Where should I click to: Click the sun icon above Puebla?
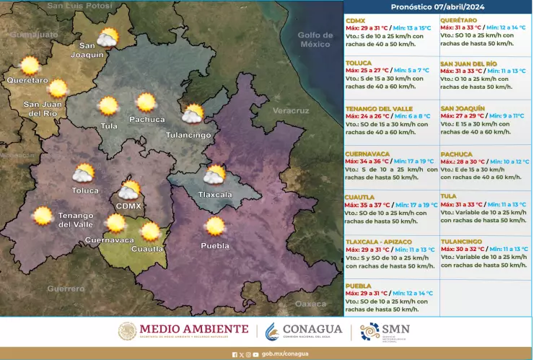[x=214, y=227]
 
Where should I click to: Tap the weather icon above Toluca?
[x=83, y=173]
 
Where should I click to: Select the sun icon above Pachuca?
[x=146, y=102]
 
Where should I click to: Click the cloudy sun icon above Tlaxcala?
[x=214, y=175]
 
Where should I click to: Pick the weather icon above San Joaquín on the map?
[x=108, y=38]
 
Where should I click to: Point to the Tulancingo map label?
[x=188, y=135]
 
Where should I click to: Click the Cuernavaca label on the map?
[x=109, y=240]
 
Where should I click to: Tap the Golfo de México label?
[x=315, y=40]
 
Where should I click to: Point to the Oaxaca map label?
[x=311, y=303]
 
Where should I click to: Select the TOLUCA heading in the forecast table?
[x=359, y=63]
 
